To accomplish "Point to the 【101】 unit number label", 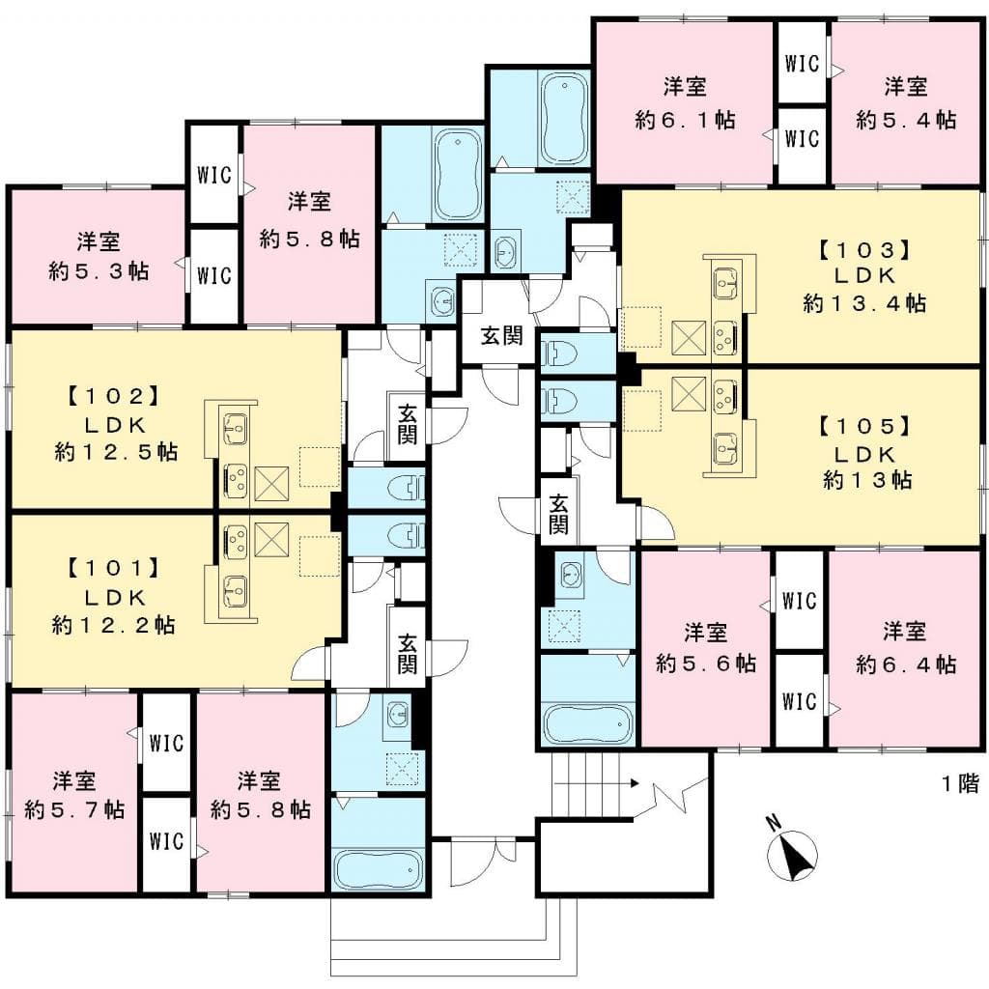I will [111, 570].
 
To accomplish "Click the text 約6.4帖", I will [906, 664].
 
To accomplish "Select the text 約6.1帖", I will [685, 120].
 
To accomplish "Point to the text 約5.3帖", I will [99, 271].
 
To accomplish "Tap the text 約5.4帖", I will [906, 120].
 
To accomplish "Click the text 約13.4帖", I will [864, 303].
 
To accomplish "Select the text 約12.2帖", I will [113, 625].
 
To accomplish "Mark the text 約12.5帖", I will [116, 451].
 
